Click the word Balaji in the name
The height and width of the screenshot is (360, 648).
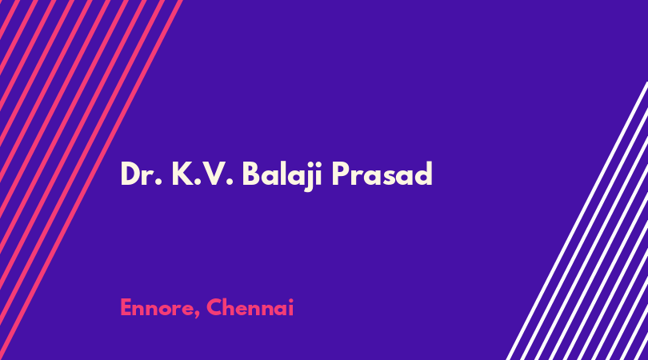pyautogui.click(x=282, y=175)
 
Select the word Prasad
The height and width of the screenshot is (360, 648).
pyautogui.click(x=382, y=174)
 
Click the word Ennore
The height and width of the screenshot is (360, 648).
pyautogui.click(x=157, y=308)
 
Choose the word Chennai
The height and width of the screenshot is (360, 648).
pyautogui.click(x=250, y=307)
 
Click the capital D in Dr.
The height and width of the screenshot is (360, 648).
pyautogui.click(x=130, y=174)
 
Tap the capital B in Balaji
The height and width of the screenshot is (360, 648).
pyautogui.click(x=251, y=174)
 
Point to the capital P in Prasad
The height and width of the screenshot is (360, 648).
pyautogui.click(x=341, y=174)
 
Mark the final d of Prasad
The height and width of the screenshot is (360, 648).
pyautogui.click(x=423, y=174)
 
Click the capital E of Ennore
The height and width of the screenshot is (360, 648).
pyautogui.click(x=126, y=308)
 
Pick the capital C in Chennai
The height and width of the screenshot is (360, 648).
pyautogui.click(x=214, y=308)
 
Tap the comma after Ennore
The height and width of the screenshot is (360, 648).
pyautogui.click(x=196, y=315)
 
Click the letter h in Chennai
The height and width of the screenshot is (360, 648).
pyautogui.click(x=230, y=307)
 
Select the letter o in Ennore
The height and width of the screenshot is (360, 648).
pyautogui.click(x=163, y=310)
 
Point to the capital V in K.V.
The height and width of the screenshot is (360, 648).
pyautogui.click(x=215, y=174)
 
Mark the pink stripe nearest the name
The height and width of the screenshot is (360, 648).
pyautogui.click(x=91, y=180)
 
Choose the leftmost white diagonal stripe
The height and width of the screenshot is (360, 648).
pyautogui.click(x=578, y=221)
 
